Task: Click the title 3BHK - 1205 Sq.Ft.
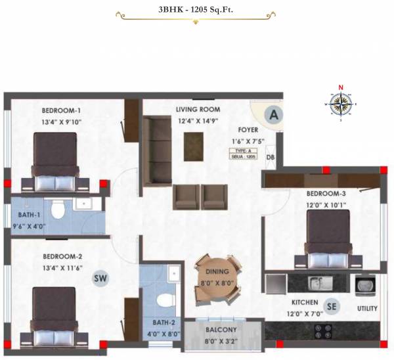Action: click(197, 11)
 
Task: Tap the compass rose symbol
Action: click(340, 103)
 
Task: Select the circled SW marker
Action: click(100, 279)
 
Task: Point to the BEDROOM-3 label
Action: click(326, 194)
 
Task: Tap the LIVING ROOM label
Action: click(198, 109)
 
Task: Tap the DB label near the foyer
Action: click(270, 157)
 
